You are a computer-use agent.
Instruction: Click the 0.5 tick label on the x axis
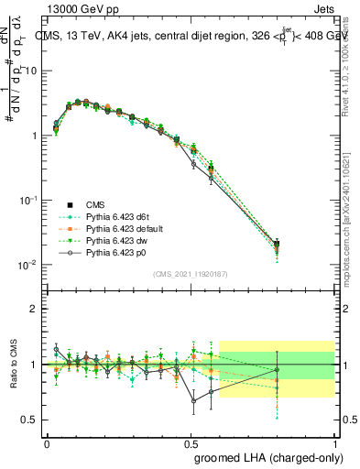[x=191, y=442]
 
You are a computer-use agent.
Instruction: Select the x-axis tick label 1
[x=335, y=442]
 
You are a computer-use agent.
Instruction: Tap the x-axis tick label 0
[x=47, y=442]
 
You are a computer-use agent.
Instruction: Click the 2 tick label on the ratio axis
[x=34, y=309]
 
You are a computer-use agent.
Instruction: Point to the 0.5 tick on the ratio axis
[x=29, y=420]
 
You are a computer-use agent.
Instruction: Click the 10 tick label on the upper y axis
[x=31, y=71]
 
